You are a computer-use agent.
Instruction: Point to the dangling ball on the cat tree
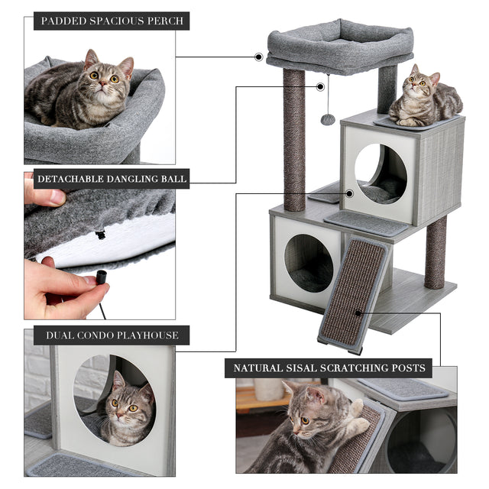[327, 119]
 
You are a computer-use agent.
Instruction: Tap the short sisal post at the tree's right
[436, 252]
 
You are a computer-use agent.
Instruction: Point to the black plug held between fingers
[100, 280]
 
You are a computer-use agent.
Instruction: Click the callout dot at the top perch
[259, 57]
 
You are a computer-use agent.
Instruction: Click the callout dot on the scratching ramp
[357, 313]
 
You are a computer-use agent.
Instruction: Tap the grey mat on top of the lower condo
[365, 222]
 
